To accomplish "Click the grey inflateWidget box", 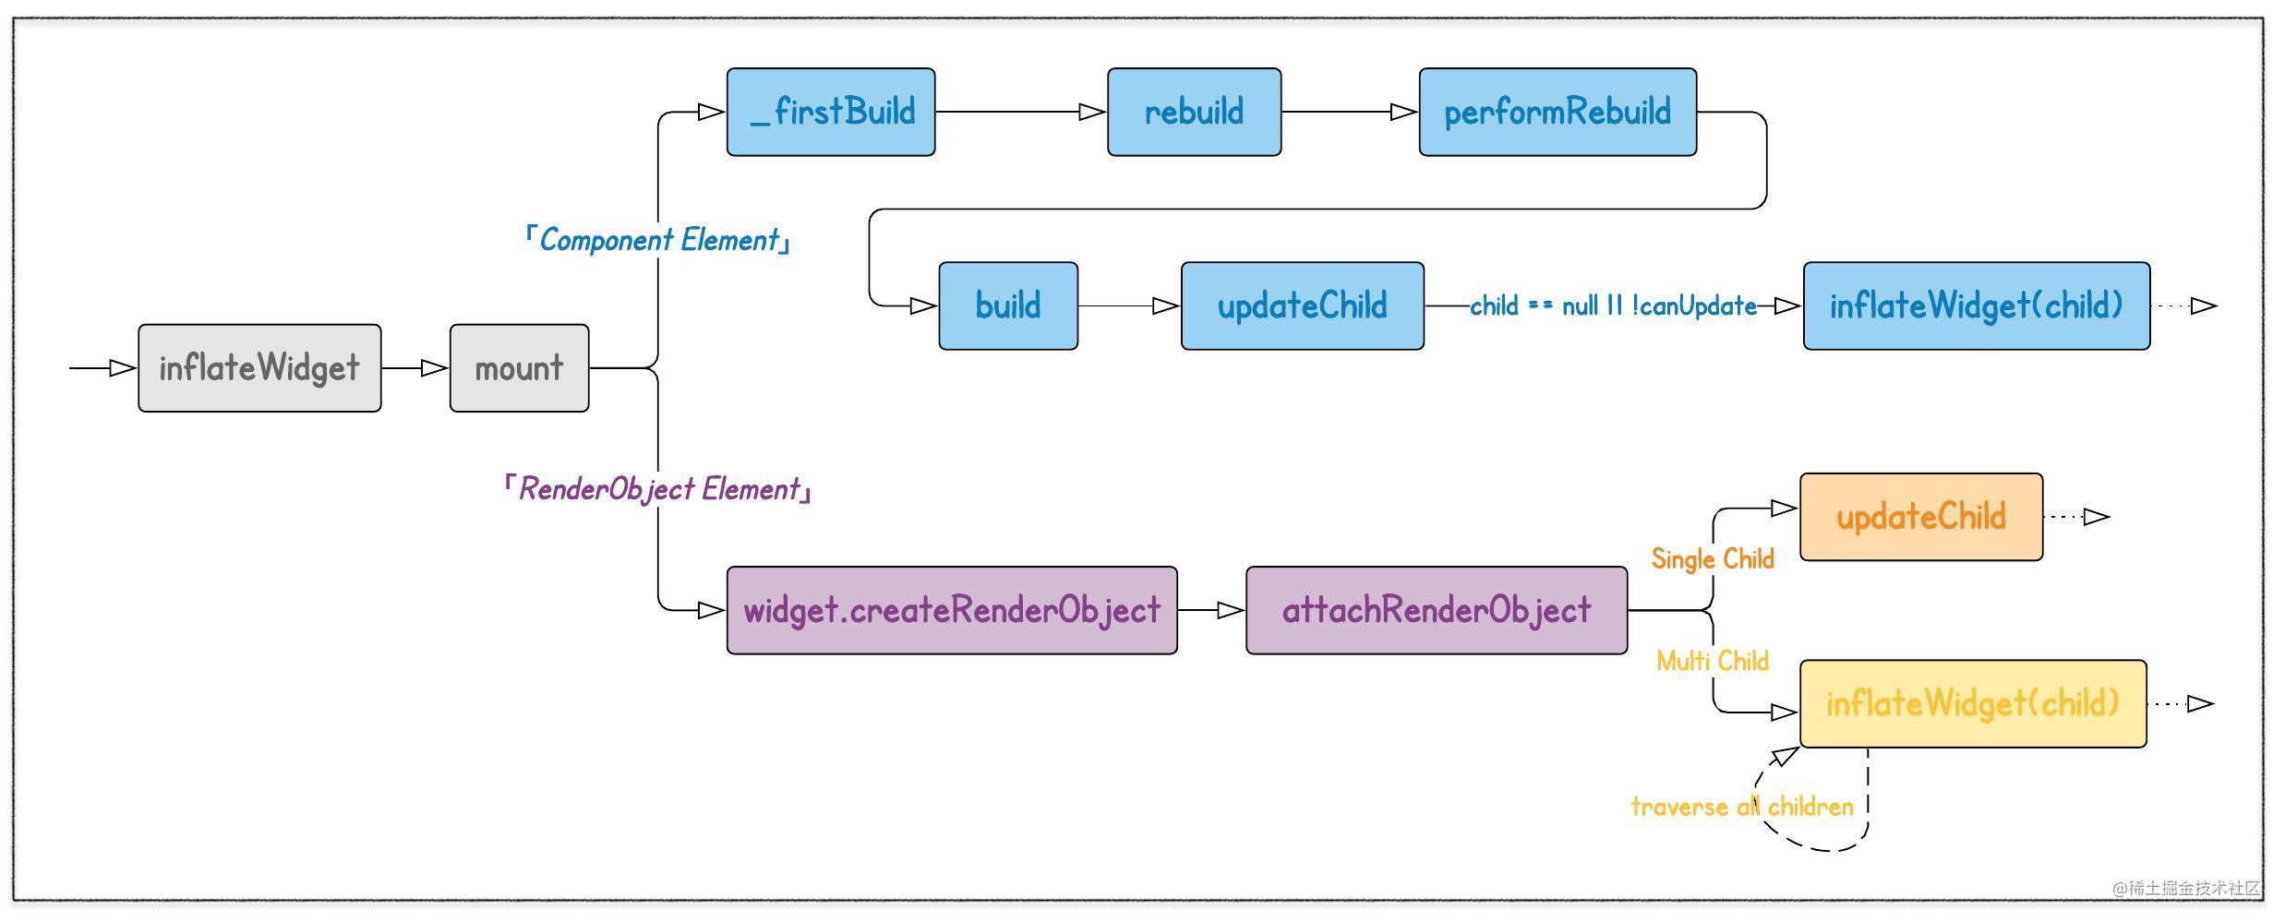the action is coord(259,368).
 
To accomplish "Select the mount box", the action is coord(519,368).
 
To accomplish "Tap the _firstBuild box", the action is coord(831,112).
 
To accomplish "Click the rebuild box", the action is coord(1194,112).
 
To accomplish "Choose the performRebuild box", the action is coord(1557,112).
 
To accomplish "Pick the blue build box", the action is coord(1008,305).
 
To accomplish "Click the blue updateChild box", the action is coord(1302,305).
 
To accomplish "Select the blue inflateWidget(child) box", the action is coord(1977,305).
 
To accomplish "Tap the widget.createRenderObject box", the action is coord(952,610).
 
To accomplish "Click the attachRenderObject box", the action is coord(1437,610).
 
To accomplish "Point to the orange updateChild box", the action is coord(1921,517).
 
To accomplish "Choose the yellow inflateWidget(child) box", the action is coord(1973,703).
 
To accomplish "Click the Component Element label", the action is coord(657,240).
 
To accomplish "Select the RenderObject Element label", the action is coord(657,489).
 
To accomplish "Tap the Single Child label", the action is coord(1713,559).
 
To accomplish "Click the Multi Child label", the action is coord(1713,661).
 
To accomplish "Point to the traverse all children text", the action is coord(1742,807).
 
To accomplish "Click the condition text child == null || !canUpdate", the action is coord(1613,305).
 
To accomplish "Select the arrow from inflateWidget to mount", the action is coord(415,368).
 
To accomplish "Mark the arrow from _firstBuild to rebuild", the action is coord(1021,112).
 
